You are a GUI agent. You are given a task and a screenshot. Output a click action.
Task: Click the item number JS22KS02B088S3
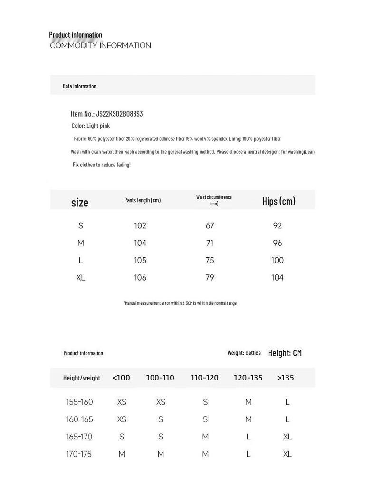tap(119, 114)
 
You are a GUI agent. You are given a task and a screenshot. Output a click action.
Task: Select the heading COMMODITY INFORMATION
tap(100, 46)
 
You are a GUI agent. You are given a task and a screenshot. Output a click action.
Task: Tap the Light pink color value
tap(98, 126)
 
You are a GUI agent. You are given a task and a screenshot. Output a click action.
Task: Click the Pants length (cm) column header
tap(143, 200)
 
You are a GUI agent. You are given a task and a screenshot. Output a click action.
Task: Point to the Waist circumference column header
tap(214, 200)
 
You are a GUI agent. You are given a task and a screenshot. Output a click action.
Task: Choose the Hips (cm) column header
tap(279, 201)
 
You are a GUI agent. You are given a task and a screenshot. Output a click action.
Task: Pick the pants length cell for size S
tap(140, 225)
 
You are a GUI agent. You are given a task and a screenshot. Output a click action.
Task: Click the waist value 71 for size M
tap(210, 243)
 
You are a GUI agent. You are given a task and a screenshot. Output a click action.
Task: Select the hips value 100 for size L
tap(278, 260)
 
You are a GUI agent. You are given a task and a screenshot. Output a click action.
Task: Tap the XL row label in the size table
tap(81, 278)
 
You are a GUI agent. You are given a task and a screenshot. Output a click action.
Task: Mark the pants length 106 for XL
tap(140, 278)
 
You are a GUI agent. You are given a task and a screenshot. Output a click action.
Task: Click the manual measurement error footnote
tap(180, 303)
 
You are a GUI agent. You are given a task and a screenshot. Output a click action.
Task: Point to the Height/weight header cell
tap(82, 378)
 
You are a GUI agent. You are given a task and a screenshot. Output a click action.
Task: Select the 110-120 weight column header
tap(205, 378)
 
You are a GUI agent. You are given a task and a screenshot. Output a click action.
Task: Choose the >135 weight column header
tap(286, 378)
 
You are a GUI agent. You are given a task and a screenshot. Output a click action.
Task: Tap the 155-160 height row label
tap(79, 402)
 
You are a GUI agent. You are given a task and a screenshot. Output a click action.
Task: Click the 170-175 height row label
tap(79, 454)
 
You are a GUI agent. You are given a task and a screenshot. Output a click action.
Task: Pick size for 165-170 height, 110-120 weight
tap(205, 437)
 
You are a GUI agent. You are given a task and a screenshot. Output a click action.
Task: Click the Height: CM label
tap(285, 353)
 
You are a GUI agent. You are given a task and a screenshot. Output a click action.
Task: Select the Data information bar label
tap(79, 86)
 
